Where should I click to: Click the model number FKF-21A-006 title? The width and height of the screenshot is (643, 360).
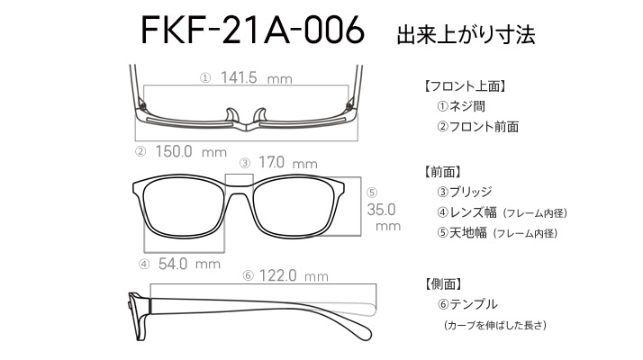252,30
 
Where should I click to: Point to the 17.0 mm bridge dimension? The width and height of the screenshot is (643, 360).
288,163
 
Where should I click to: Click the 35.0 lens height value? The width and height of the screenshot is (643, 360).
381,210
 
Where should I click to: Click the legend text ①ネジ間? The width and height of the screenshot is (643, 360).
461,106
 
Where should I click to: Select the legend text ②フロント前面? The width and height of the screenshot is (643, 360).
478,127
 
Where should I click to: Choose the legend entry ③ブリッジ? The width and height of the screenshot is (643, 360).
465,192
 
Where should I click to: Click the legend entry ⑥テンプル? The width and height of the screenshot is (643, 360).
467,304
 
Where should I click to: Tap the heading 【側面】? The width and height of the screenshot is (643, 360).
443,283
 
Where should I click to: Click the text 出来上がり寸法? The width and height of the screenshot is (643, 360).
466,35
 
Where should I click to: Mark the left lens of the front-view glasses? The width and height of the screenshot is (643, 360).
184,208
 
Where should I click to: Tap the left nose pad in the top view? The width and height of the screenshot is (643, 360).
232,115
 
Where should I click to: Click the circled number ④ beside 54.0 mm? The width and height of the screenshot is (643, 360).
144,264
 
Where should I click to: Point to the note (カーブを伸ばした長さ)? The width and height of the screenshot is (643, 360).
495,325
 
